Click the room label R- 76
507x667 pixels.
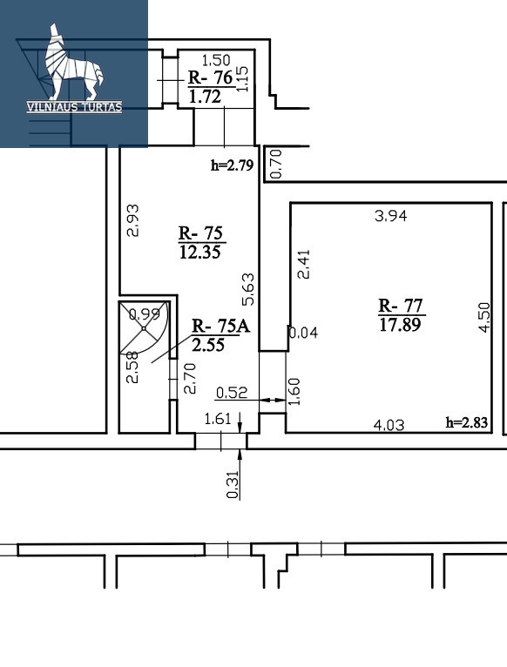(210, 77)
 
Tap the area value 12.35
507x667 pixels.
(200, 253)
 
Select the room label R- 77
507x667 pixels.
(400, 306)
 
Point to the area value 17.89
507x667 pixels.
(400, 325)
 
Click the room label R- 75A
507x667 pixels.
(220, 326)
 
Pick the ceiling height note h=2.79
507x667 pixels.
(232, 165)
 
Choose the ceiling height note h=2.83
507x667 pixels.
(467, 422)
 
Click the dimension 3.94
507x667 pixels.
(391, 216)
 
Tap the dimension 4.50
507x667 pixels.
(484, 317)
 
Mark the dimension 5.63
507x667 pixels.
(248, 289)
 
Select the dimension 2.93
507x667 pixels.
(132, 220)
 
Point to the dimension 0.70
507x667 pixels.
(276, 164)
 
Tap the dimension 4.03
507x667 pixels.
(389, 425)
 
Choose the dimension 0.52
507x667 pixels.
(232, 392)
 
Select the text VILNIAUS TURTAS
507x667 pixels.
(74, 107)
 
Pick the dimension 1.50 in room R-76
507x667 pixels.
(216, 60)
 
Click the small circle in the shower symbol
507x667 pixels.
(144, 328)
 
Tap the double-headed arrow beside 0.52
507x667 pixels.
(273, 400)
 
